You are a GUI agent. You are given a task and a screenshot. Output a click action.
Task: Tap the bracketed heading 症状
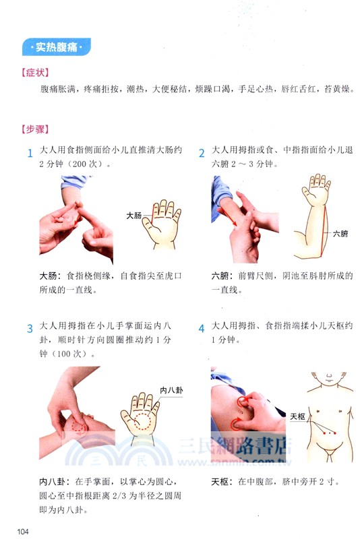click(33, 72)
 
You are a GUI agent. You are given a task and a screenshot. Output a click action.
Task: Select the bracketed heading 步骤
click(33, 128)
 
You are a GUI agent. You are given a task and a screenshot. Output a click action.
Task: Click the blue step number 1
click(30, 153)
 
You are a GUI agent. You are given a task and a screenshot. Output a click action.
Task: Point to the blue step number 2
click(202, 153)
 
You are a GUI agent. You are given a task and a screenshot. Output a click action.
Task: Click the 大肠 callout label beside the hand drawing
click(134, 216)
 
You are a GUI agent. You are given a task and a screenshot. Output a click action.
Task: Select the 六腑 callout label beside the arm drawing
click(340, 234)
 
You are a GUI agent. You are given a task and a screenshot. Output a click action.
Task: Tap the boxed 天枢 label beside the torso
click(297, 416)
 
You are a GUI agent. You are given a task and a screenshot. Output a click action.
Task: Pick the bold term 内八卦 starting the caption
click(53, 482)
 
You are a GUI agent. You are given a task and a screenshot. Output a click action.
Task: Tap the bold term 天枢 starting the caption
click(221, 482)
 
